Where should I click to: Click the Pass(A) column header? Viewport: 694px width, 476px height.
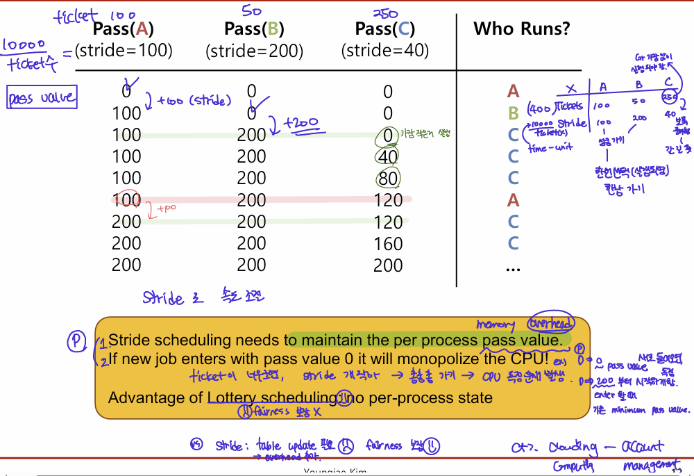124,29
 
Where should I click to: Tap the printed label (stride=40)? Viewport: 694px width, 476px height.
385,51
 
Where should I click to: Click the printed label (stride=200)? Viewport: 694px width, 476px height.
254,51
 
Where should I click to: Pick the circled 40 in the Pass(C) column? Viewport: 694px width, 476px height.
387,156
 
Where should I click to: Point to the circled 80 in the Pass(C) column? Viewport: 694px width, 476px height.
387,178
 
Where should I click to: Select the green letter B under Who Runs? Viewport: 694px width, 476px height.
514,113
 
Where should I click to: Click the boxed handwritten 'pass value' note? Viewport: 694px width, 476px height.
42,98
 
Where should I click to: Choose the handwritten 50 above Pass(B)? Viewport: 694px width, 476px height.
252,10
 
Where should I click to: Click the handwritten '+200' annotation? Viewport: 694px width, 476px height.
303,124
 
